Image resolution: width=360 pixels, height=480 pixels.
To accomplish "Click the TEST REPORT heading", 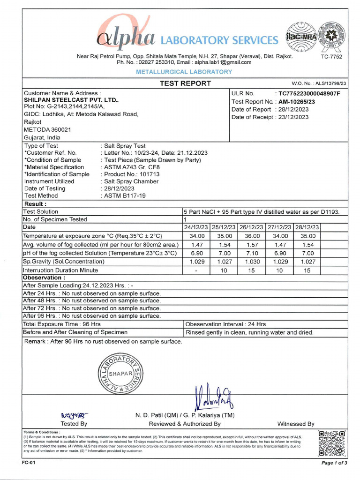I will coord(185,83).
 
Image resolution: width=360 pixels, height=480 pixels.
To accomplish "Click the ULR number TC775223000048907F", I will coord(309,94).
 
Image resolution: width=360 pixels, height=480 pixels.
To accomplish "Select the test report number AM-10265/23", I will coord(297,102).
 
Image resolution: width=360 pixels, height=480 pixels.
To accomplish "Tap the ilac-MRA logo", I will coord(300,37).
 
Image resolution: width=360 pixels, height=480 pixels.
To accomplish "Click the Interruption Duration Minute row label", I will coord(60,270).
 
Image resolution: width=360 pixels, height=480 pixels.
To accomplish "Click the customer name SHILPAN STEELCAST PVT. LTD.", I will coord(71,100).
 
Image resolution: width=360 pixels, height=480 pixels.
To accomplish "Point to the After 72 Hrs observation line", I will coord(92,308).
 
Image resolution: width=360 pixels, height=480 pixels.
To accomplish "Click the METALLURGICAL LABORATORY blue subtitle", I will coord(184,72).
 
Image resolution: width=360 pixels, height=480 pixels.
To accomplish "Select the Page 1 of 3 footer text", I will coord(334,463).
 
